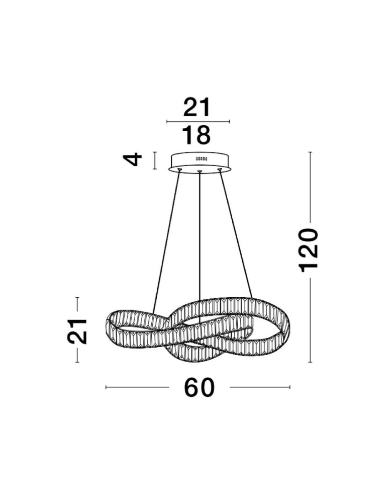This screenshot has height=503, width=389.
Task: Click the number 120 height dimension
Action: (308, 250)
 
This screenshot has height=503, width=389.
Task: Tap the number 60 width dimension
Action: (199, 387)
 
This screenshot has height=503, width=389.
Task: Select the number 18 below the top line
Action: (197, 135)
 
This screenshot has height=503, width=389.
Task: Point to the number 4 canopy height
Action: (133, 159)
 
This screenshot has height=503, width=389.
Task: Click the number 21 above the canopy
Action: (197, 107)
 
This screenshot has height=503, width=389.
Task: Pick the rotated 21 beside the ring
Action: (77, 331)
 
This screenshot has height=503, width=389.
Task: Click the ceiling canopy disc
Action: (200, 163)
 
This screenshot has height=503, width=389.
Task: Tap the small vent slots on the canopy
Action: (202, 159)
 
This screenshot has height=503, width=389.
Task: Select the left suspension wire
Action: (166, 242)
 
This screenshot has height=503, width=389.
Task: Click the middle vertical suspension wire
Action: (200, 247)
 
